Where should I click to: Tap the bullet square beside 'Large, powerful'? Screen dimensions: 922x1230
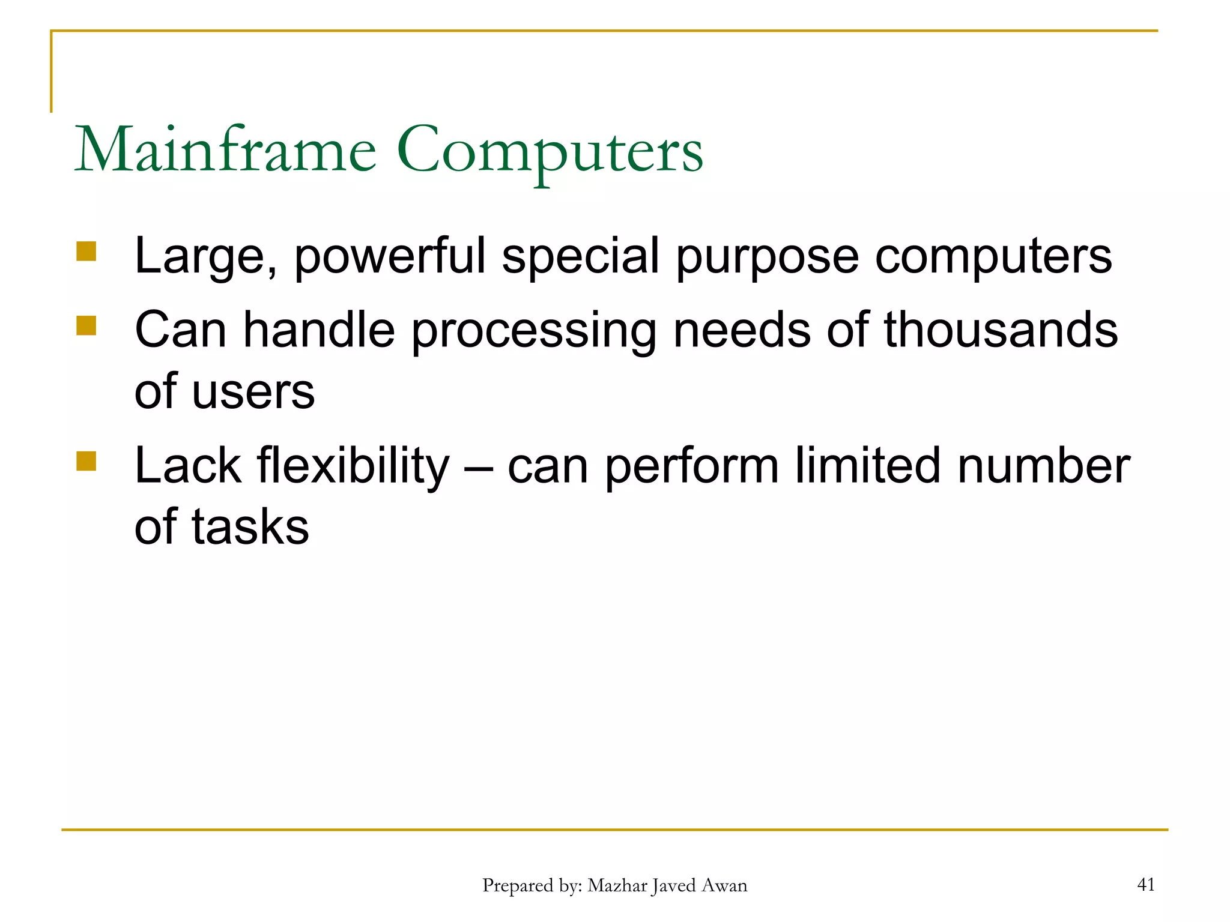click(x=86, y=252)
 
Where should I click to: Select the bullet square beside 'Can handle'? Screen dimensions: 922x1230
click(x=86, y=326)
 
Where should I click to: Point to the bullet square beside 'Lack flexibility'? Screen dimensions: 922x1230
click(x=86, y=461)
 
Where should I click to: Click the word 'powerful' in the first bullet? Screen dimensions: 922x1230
click(x=390, y=257)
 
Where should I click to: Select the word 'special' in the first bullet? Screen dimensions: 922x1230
click(x=581, y=257)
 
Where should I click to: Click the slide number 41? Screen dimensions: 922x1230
click(x=1146, y=884)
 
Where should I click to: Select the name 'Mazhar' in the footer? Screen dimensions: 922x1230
click(x=617, y=885)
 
